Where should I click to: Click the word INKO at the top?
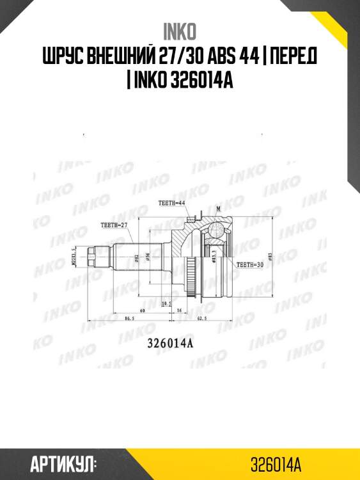(180, 31)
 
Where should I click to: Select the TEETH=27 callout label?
(114, 224)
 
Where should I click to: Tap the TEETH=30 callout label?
(250, 264)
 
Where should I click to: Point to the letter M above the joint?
(218, 209)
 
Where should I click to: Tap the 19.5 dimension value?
(167, 302)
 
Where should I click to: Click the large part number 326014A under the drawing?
(171, 342)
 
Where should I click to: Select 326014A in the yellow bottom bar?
(276, 463)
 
